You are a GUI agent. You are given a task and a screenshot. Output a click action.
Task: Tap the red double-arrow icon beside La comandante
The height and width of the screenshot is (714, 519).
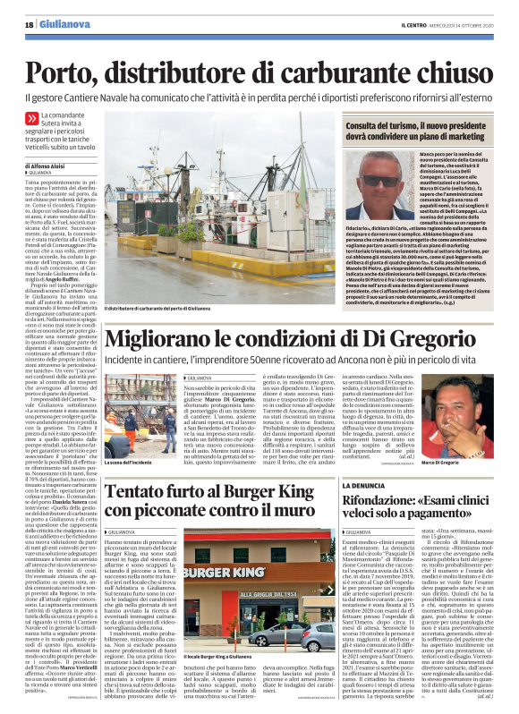(32, 117)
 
